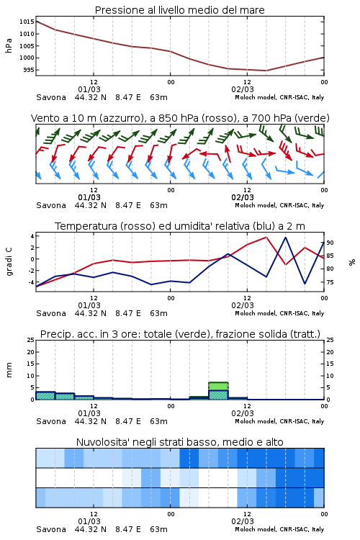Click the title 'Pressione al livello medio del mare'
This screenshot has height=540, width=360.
coord(179,10)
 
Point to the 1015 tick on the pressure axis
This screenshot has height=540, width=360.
coord(27,22)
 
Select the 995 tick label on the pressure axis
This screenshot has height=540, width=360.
coord(29,70)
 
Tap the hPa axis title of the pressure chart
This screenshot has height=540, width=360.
coord(9,45)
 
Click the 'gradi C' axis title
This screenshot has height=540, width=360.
coord(9,261)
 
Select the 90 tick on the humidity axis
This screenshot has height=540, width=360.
coord(330,243)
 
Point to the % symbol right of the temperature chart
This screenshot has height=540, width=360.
coord(352,262)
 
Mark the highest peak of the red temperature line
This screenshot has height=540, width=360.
coord(266,237)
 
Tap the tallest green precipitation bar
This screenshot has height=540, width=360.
coord(218,391)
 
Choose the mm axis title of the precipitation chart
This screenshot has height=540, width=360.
coord(9,370)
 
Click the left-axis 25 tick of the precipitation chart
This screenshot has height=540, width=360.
coord(31,340)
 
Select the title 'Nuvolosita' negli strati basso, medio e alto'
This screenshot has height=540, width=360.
coord(179,442)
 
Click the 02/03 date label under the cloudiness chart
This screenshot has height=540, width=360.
coord(243,521)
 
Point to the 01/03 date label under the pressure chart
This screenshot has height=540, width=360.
coord(89,89)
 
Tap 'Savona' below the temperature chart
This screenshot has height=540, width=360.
coord(51,313)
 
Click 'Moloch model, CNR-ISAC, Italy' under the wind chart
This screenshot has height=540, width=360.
coord(279,206)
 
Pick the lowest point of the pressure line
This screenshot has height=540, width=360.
coord(266,71)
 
